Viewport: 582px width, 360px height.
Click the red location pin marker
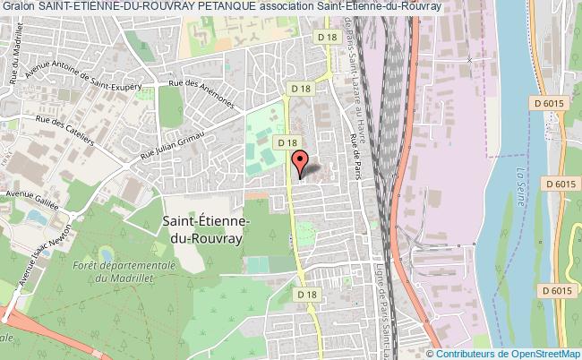pos(300,163)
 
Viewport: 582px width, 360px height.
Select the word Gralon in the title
pos(18,7)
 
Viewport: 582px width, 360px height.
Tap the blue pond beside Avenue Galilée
pos(37,217)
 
